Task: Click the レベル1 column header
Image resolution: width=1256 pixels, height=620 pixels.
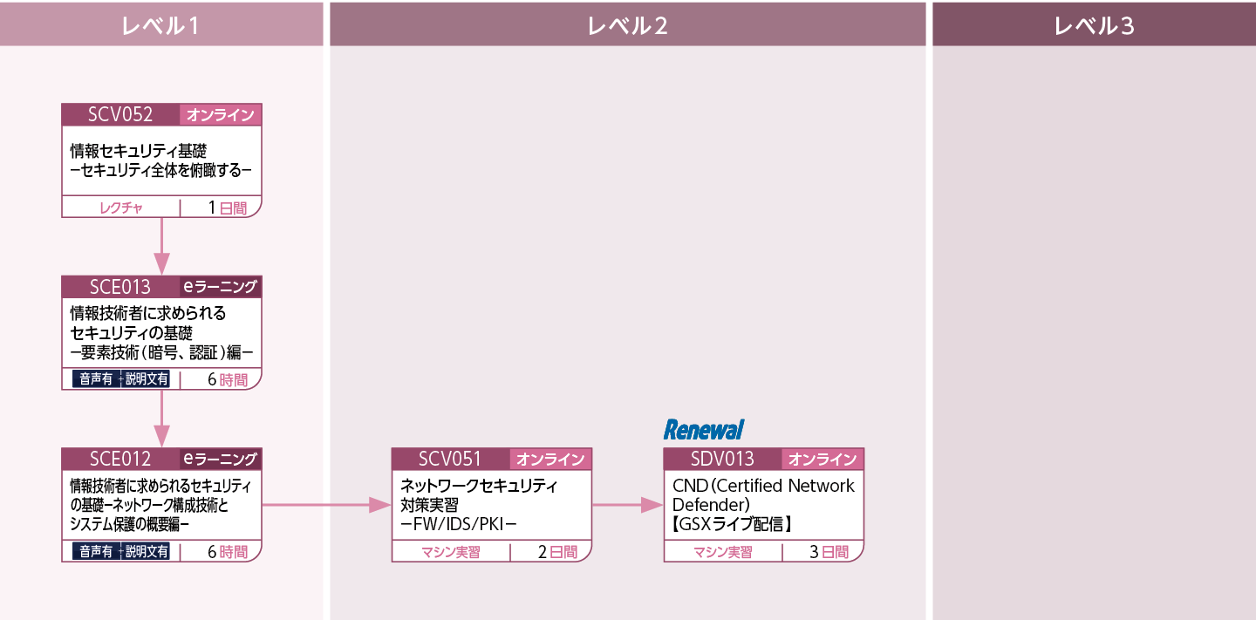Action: tap(160, 26)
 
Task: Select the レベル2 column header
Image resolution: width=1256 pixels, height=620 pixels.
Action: tap(627, 26)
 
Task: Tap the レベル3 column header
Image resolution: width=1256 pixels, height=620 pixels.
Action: tap(1094, 26)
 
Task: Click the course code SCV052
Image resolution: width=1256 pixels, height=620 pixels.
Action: tap(120, 114)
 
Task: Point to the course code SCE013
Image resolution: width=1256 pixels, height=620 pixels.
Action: tap(120, 287)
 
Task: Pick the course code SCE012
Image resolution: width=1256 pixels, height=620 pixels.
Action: tap(120, 459)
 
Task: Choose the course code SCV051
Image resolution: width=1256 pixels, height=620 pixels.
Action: tap(450, 459)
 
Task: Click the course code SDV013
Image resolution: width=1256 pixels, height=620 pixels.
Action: tap(722, 459)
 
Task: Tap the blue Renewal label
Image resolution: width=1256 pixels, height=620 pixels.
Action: tap(704, 430)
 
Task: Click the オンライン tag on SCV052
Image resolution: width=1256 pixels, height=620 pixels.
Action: tap(221, 115)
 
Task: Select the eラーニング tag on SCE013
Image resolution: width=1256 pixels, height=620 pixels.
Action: tap(221, 287)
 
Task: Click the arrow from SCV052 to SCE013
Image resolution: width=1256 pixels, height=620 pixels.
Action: tap(161, 246)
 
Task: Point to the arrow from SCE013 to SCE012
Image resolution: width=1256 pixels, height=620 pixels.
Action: tap(161, 419)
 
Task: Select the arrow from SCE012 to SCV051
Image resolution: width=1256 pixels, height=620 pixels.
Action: tap(326, 505)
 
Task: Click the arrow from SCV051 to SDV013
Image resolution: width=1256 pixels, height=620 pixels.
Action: tap(627, 505)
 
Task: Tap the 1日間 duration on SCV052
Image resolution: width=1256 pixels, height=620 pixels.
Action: tap(228, 208)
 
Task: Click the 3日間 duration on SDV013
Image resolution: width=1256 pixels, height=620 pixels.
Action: tap(829, 552)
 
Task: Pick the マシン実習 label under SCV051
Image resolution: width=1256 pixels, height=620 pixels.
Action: tap(451, 553)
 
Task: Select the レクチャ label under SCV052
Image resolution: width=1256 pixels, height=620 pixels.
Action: tap(121, 208)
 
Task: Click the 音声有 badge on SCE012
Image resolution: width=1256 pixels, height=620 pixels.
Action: tap(96, 552)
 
